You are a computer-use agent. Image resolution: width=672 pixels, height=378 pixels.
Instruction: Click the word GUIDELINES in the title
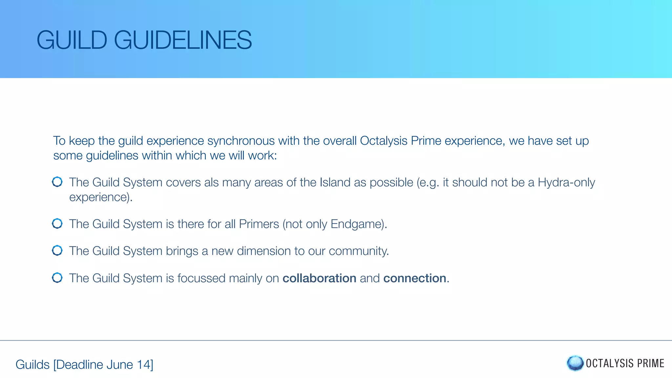click(x=183, y=40)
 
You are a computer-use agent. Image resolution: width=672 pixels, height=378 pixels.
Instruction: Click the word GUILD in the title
click(x=72, y=40)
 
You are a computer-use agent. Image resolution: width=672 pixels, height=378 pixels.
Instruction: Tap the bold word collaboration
click(x=319, y=278)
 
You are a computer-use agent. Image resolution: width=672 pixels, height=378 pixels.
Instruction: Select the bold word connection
click(x=415, y=278)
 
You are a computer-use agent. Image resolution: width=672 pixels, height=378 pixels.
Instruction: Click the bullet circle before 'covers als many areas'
click(x=57, y=182)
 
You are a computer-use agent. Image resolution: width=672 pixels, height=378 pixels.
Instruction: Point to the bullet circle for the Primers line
click(x=57, y=223)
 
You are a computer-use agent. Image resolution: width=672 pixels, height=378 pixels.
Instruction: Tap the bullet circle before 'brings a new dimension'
click(x=57, y=250)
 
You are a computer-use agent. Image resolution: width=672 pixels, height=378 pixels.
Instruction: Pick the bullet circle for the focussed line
click(x=57, y=278)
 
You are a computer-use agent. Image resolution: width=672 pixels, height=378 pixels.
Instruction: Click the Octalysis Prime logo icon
click(x=575, y=363)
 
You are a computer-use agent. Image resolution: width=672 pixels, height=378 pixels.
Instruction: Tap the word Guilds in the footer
click(x=32, y=365)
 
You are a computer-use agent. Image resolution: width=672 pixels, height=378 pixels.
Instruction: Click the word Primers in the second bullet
click(x=259, y=224)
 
